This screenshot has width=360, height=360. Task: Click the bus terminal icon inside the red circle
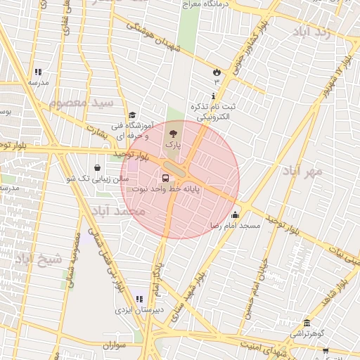165,178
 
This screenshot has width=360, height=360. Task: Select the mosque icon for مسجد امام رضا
235,215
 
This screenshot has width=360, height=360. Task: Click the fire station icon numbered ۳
217,72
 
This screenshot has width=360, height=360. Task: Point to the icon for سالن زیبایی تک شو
96,168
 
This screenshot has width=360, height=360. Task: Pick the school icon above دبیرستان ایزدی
139,300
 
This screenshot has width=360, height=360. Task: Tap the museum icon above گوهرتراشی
305,322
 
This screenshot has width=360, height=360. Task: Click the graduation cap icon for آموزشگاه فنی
131,116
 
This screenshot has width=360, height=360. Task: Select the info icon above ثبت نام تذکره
213,96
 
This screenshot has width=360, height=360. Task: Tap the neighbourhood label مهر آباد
302,171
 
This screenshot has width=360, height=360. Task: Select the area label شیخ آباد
38,259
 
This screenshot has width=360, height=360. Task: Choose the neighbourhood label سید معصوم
82,103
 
